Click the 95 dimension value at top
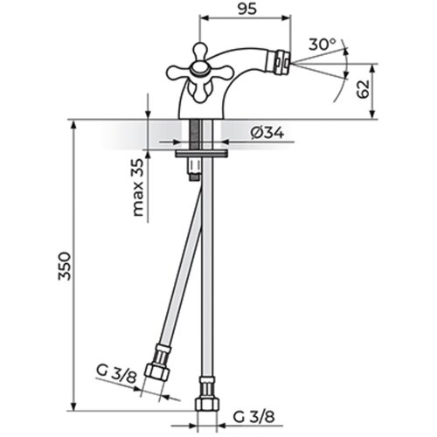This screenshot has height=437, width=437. [x=247, y=9]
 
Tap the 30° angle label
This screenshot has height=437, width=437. [x=323, y=45]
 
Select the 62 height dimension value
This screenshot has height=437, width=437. [x=363, y=89]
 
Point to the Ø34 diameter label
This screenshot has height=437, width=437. [x=267, y=134]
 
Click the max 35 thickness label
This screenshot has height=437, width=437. [x=138, y=187]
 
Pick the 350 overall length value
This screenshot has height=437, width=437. [x=65, y=266]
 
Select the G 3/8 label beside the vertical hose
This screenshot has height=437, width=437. [x=253, y=417]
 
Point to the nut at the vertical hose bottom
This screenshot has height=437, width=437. [x=207, y=405]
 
